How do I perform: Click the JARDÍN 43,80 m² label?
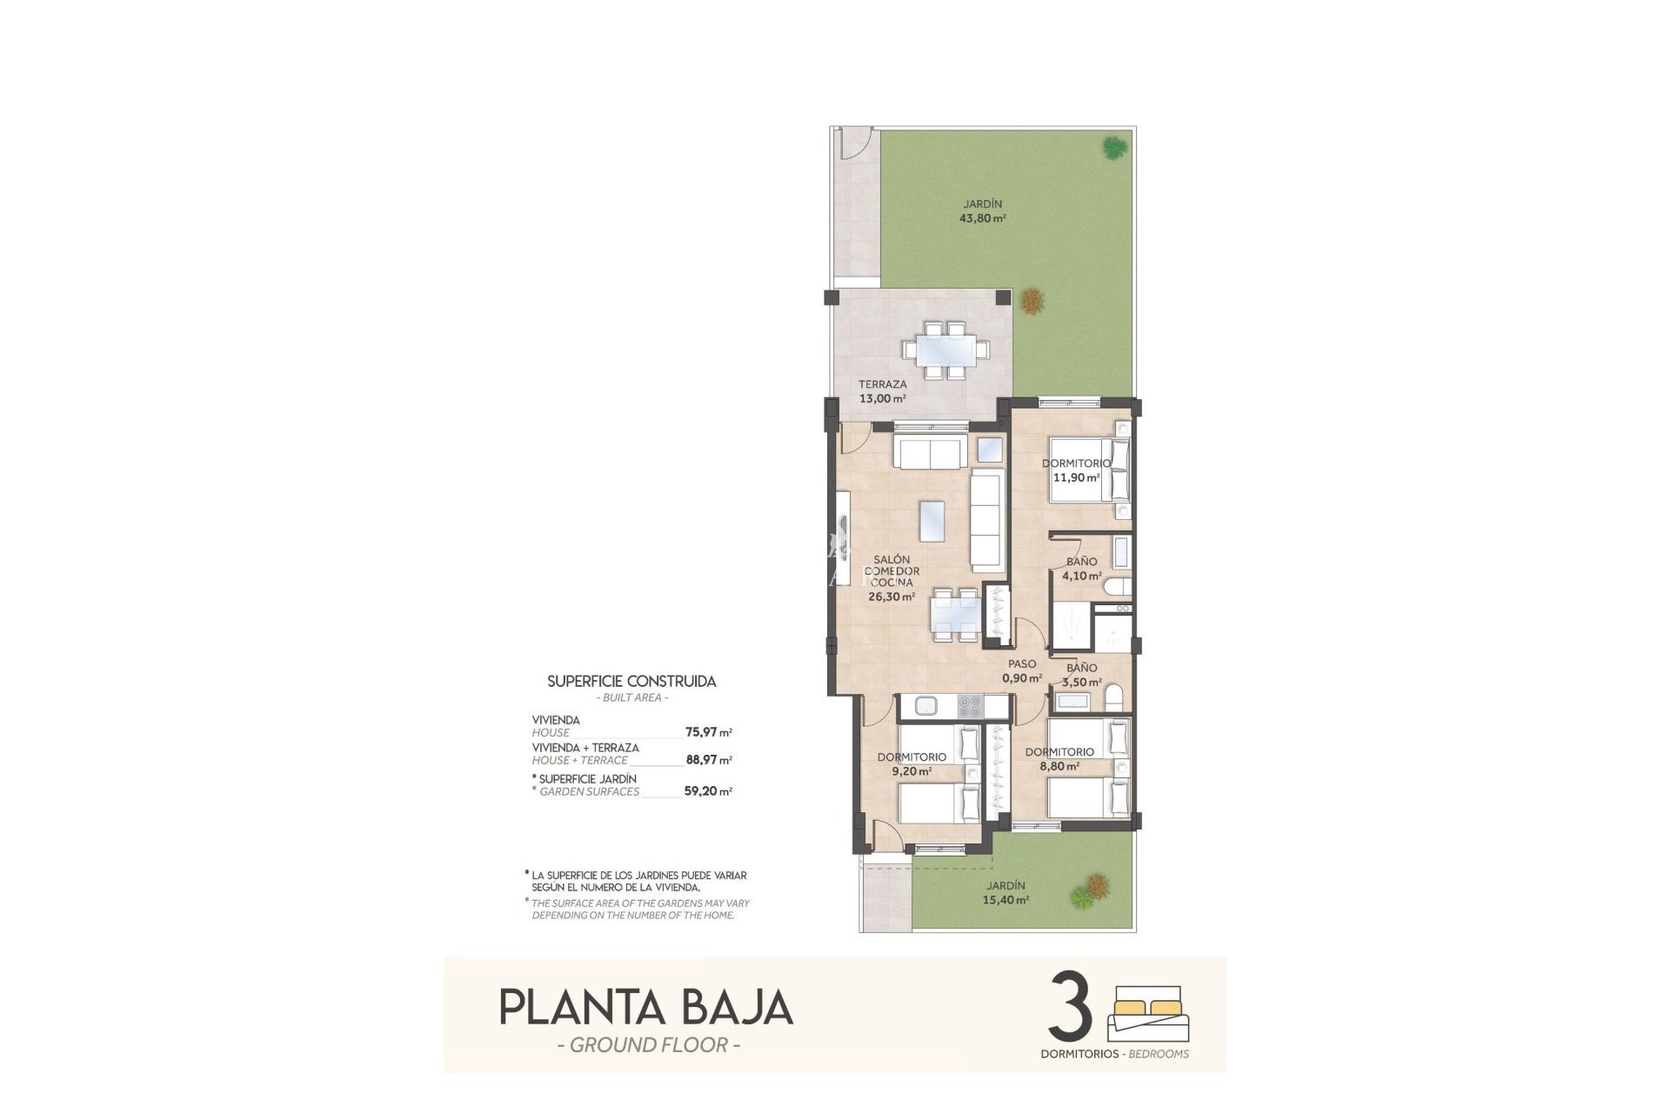coord(982,211)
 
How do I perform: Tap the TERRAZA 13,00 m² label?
coord(882,391)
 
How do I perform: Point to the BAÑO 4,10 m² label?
coord(1081,569)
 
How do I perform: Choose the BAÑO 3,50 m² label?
coord(1082,675)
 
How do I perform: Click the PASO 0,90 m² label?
coord(1022,671)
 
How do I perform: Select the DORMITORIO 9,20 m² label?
coord(912,763)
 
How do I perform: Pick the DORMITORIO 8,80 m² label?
coord(1059,759)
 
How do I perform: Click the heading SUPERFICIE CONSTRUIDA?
coord(631,682)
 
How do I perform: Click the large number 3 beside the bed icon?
coord(1071,1007)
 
